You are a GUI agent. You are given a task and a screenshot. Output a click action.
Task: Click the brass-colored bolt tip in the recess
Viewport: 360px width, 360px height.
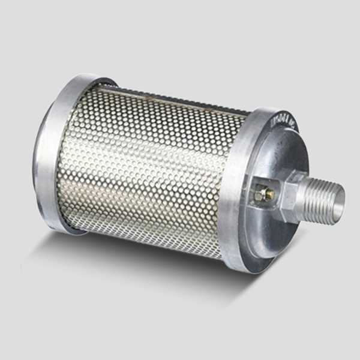click(x=269, y=193)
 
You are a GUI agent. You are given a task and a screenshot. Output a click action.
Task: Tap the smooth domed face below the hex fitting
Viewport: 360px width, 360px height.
click(x=270, y=234)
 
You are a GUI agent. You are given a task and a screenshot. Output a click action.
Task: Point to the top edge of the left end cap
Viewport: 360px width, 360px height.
click(x=84, y=78)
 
